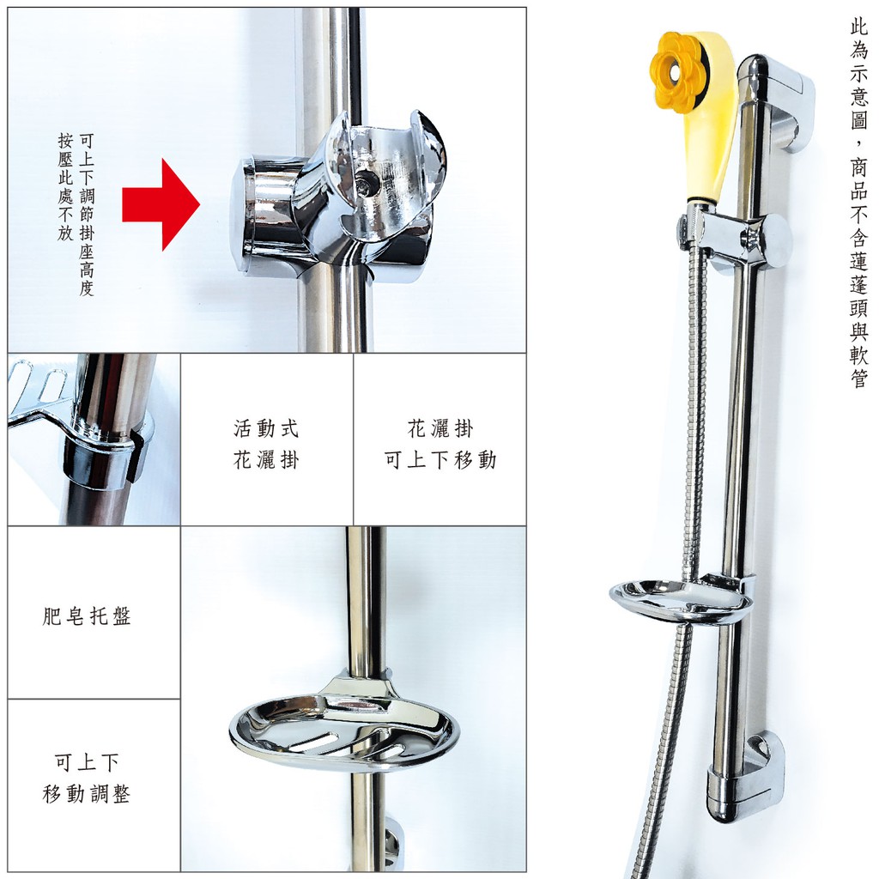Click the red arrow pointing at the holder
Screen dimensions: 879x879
tap(161, 204)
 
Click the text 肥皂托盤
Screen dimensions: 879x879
tap(87, 616)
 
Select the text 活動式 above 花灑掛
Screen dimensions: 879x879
tap(266, 429)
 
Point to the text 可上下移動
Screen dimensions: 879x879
tap(440, 460)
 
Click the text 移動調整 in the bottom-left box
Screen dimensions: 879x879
tap(87, 794)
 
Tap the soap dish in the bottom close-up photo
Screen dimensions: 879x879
tap(343, 727)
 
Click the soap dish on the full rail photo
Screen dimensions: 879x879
tap(680, 600)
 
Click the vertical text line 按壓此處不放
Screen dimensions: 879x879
tap(65, 187)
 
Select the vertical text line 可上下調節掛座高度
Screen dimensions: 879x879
tap(87, 214)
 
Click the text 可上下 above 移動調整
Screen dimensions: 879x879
tap(87, 762)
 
